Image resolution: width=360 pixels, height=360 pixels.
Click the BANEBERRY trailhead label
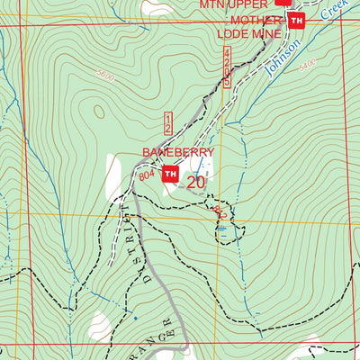pyautogui.click(x=176, y=154)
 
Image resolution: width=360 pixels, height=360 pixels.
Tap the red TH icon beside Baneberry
pyautogui.click(x=170, y=175)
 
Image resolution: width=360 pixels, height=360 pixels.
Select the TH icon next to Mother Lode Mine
pyautogui.click(x=298, y=21)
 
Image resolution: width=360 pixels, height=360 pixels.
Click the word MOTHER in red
pyautogui.click(x=256, y=20)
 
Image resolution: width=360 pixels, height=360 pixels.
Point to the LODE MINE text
pyautogui.click(x=248, y=34)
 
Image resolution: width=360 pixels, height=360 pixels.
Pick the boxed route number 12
pyautogui.click(x=168, y=123)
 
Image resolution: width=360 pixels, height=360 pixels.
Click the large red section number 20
pyautogui.click(x=196, y=182)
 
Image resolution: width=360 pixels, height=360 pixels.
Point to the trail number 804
pyautogui.click(x=148, y=176)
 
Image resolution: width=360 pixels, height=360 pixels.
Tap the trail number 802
pyautogui.click(x=219, y=214)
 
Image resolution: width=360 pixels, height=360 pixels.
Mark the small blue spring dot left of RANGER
pyautogui.click(x=135, y=318)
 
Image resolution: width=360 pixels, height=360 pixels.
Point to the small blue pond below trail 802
pyautogui.click(x=221, y=229)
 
